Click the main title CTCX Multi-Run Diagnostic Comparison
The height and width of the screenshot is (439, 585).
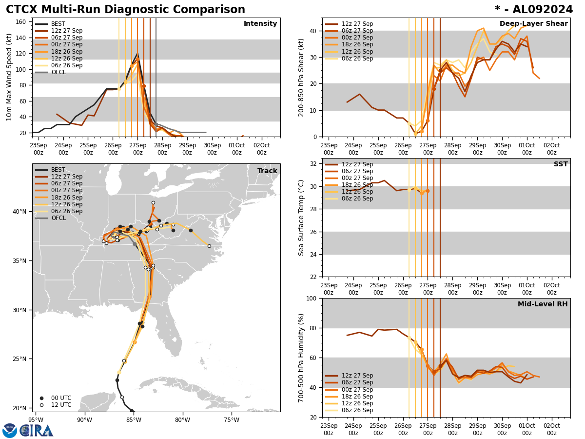pyautogui.click(x=125, y=10)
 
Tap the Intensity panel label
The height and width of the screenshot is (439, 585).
pyautogui.click(x=260, y=24)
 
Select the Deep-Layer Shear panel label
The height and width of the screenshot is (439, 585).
pyautogui.click(x=533, y=24)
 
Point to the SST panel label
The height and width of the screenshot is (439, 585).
pyautogui.click(x=561, y=164)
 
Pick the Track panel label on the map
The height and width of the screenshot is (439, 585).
pyautogui.click(x=267, y=171)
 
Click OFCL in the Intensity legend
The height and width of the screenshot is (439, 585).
pyautogui.click(x=58, y=72)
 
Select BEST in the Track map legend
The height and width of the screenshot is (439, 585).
pyautogui.click(x=58, y=170)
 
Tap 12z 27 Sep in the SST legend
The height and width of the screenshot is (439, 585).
pyautogui.click(x=357, y=164)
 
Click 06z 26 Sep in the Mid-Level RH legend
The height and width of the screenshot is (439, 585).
pyautogui.click(x=357, y=410)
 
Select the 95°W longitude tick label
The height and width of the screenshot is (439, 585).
pyautogui.click(x=36, y=419)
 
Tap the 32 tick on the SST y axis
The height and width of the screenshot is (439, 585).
pyautogui.click(x=314, y=164)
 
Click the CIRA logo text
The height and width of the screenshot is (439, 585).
pyautogui.click(x=37, y=430)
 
